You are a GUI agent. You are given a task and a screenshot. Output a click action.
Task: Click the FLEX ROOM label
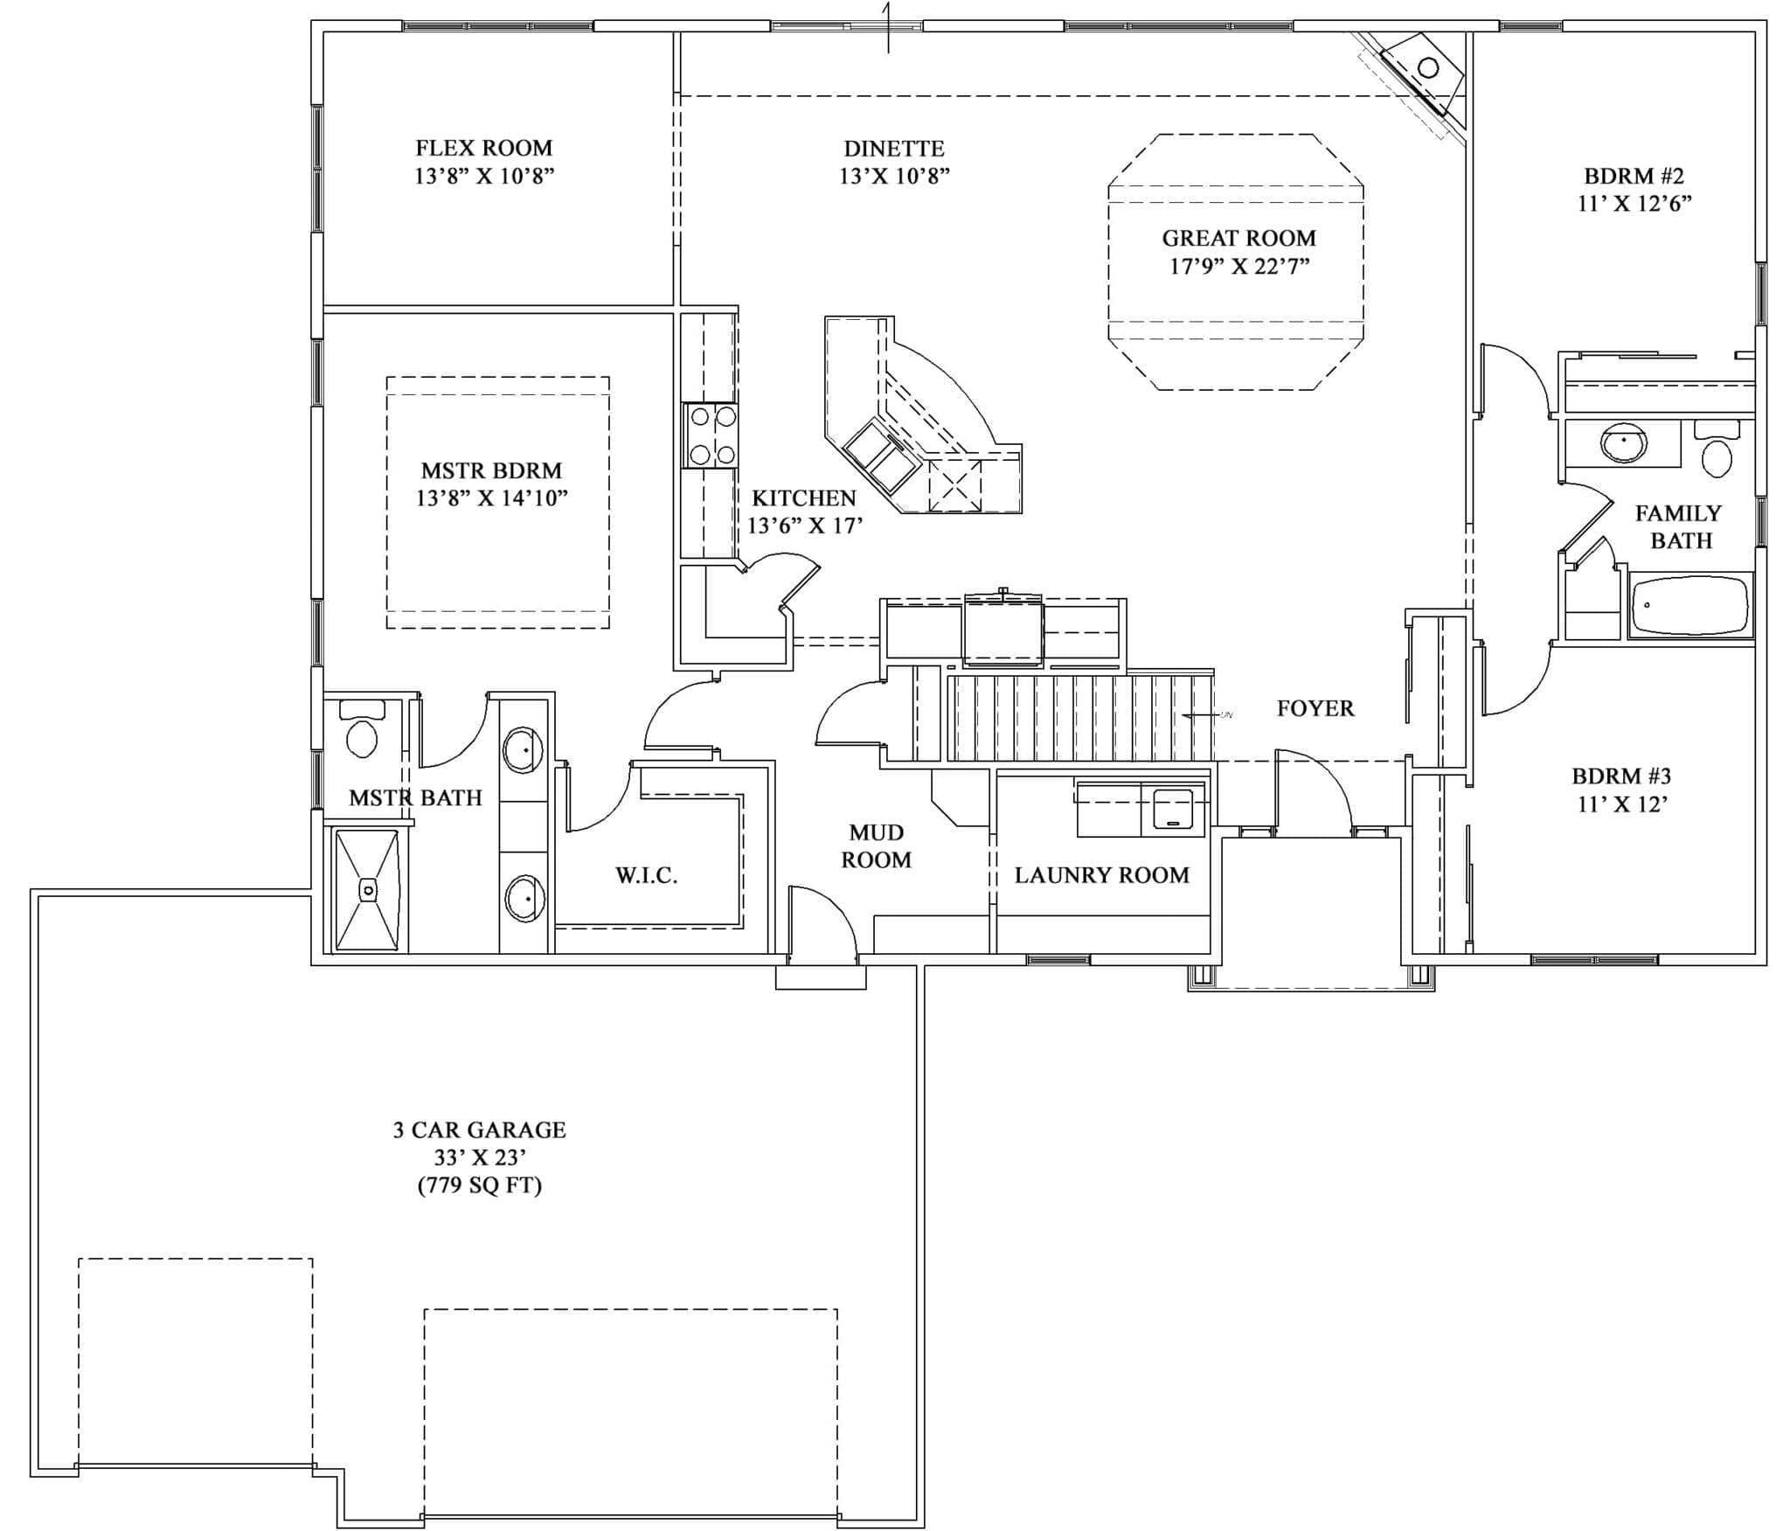[483, 148]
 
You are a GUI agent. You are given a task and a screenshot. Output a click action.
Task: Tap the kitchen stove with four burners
[711, 435]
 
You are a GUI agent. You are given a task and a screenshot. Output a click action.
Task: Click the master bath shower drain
[369, 891]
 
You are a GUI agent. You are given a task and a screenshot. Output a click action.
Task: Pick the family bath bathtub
[1691, 605]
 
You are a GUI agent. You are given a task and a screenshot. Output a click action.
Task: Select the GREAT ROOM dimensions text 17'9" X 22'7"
[1238, 267]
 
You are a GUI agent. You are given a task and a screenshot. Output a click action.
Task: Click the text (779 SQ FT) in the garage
[480, 1186]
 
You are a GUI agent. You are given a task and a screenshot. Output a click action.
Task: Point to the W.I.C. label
[646, 875]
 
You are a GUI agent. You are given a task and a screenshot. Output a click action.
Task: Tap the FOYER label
[1315, 708]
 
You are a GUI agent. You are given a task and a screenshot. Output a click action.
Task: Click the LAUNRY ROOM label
[1101, 875]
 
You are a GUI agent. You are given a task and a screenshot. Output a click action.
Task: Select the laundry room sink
[1173, 809]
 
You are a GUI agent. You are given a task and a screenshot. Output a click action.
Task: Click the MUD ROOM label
[876, 846]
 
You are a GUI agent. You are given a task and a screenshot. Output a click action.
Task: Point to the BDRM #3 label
[1621, 776]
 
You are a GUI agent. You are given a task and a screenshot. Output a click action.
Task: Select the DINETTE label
[893, 149]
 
